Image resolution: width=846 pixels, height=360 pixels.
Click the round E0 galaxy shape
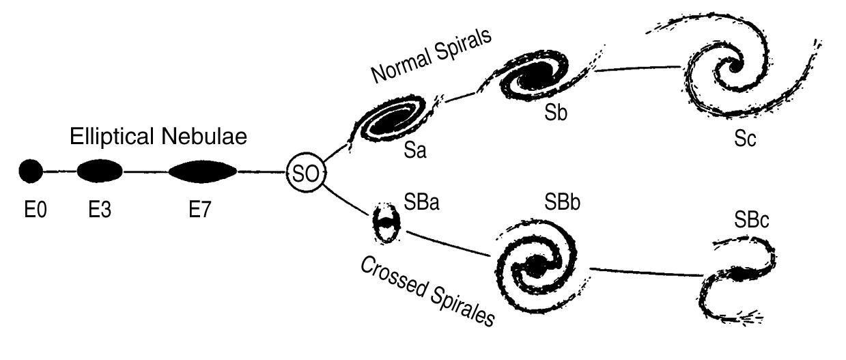click(30, 171)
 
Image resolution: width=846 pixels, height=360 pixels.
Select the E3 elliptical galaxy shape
click(99, 171)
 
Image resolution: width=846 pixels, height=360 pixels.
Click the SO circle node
click(305, 173)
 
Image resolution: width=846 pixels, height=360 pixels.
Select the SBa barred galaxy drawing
click(386, 222)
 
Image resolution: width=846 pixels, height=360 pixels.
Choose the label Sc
click(746, 139)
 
